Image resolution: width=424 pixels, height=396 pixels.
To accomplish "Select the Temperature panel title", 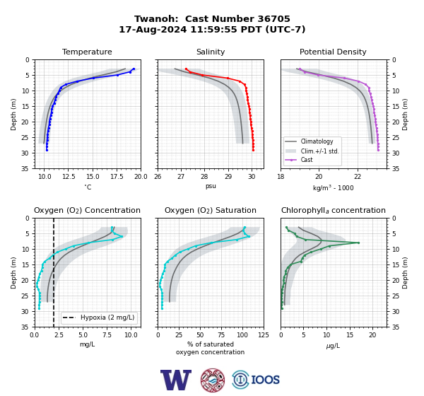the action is tap(87, 52).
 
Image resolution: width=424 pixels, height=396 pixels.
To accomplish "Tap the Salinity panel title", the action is tap(211, 52).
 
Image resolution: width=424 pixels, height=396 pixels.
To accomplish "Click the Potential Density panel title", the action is tap(333, 52).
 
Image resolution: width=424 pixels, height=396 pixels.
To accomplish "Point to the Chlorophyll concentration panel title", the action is tap(334, 210).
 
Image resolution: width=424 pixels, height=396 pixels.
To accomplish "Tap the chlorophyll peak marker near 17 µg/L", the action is tap(358, 243).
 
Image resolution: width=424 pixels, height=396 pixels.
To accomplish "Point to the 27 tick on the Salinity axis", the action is tap(181, 177).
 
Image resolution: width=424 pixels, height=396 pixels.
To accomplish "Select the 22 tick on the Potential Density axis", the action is tap(358, 177).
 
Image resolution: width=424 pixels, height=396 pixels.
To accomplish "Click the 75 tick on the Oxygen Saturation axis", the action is tap(221, 335).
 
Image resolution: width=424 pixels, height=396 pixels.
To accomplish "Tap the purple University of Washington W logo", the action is tap(176, 380).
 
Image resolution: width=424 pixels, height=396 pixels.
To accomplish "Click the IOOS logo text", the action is tap(265, 380).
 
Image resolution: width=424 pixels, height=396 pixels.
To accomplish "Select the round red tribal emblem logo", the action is tap(213, 380).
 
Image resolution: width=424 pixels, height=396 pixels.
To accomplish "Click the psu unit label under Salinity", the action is tap(211, 186).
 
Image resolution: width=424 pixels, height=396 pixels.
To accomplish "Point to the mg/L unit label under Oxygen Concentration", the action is tap(87, 344).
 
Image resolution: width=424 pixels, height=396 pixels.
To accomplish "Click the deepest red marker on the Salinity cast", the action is tap(254, 150).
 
